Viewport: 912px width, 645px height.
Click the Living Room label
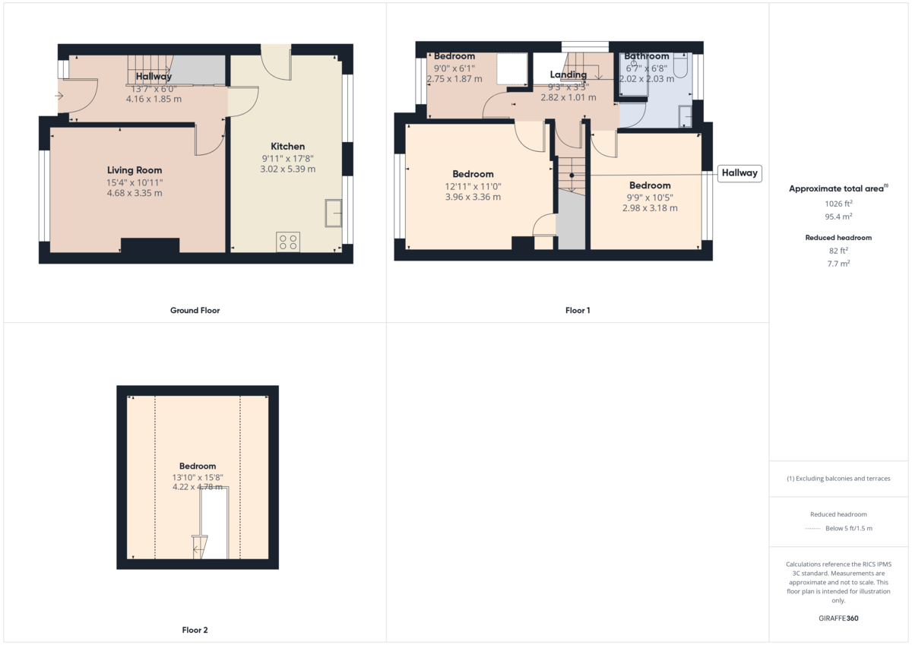coord(135,170)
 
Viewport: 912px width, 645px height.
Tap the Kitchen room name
coord(288,147)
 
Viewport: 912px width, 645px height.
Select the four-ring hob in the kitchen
coord(288,242)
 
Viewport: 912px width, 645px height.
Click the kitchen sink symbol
coord(333,213)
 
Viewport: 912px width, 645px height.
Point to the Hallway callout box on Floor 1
coord(739,173)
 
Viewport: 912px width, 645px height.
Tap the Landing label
coord(568,74)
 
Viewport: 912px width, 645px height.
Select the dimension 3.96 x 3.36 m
coord(473,198)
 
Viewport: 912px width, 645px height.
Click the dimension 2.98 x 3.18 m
coord(650,208)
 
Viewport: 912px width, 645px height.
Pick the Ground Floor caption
coord(195,311)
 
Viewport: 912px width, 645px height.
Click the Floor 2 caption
coord(195,631)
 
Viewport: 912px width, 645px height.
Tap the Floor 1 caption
coord(578,311)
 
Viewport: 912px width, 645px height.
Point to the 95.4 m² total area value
coord(838,215)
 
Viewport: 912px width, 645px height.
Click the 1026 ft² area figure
coord(838,204)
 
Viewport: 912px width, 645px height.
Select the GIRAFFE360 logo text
coord(838,618)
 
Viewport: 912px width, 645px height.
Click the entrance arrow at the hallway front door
coord(59,96)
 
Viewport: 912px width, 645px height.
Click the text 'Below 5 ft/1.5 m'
coord(849,529)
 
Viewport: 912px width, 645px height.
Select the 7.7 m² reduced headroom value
coord(838,264)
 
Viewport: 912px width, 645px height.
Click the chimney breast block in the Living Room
coord(150,246)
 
